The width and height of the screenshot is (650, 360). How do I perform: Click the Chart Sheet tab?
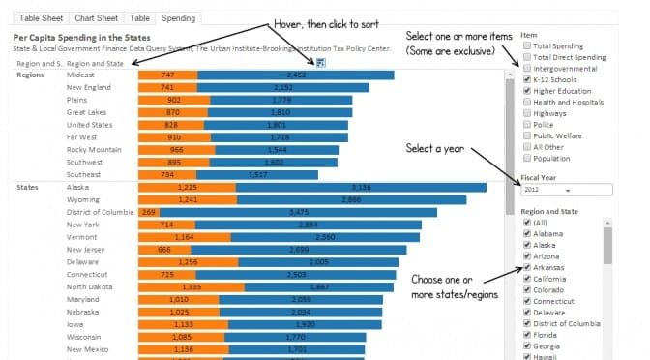tap(93, 17)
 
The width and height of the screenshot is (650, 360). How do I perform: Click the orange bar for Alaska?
tap(187, 187)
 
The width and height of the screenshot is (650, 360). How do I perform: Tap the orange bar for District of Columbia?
tap(148, 211)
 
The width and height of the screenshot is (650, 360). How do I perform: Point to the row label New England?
tap(88, 86)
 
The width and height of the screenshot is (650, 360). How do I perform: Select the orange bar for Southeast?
tap(167, 174)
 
